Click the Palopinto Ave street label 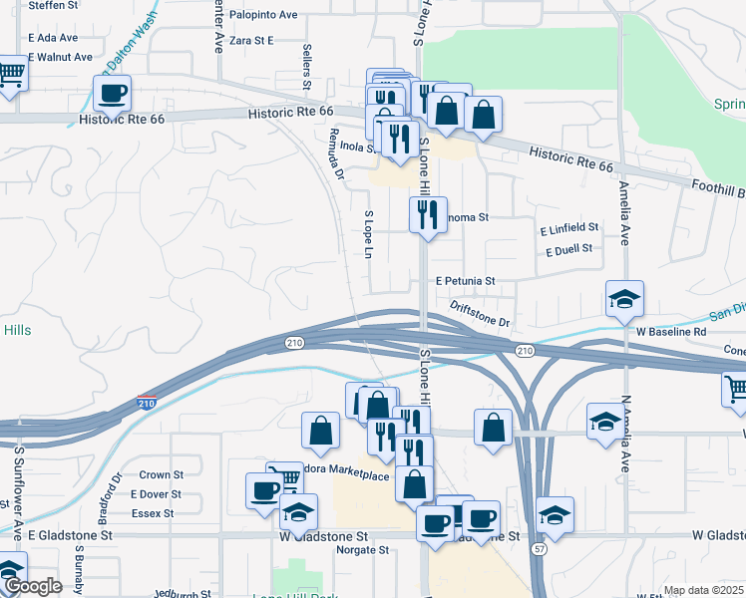[x=263, y=15]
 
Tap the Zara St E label [x=250, y=41]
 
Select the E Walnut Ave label [x=60, y=57]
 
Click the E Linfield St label [x=568, y=228]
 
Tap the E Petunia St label [x=465, y=282]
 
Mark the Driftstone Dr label [x=480, y=315]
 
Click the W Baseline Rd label [x=671, y=331]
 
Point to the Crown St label [x=161, y=475]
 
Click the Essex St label [x=153, y=513]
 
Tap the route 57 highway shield [x=538, y=578]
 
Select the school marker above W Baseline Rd [x=624, y=299]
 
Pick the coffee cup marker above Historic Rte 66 [x=112, y=94]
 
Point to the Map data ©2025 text [x=703, y=590]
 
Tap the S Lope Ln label [x=368, y=235]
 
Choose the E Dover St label [x=156, y=494]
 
